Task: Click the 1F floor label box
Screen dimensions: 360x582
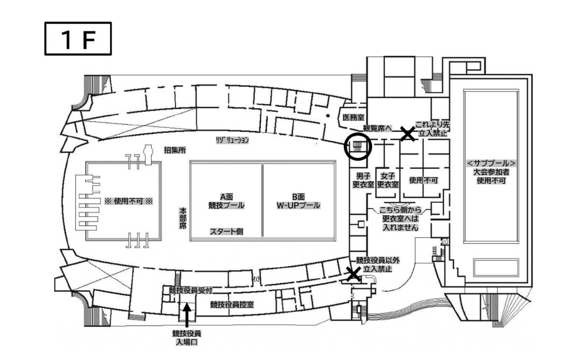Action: [x=78, y=39]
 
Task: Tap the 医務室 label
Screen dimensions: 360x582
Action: [x=353, y=117]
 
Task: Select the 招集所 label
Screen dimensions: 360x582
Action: [x=175, y=150]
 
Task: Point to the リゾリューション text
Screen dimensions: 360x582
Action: [x=232, y=140]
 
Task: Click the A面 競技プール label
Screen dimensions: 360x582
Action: [x=226, y=201]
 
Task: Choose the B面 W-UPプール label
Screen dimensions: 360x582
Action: [x=298, y=201]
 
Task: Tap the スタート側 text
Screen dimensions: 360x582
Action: [x=227, y=231]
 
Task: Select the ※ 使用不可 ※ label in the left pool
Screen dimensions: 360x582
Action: [x=128, y=201]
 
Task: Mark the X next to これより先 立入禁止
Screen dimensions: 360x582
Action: [x=408, y=133]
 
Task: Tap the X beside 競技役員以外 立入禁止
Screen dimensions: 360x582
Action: [x=354, y=274]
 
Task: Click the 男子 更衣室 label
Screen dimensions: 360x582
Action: [x=363, y=180]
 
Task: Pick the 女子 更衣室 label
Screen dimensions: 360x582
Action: [x=388, y=180]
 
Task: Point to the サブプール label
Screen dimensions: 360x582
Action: [x=491, y=163]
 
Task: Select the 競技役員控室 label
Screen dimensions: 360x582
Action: [x=232, y=304]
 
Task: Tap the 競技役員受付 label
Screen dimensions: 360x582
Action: [x=190, y=291]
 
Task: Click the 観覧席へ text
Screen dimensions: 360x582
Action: [x=377, y=128]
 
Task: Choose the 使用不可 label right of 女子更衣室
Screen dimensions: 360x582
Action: [x=423, y=180]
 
